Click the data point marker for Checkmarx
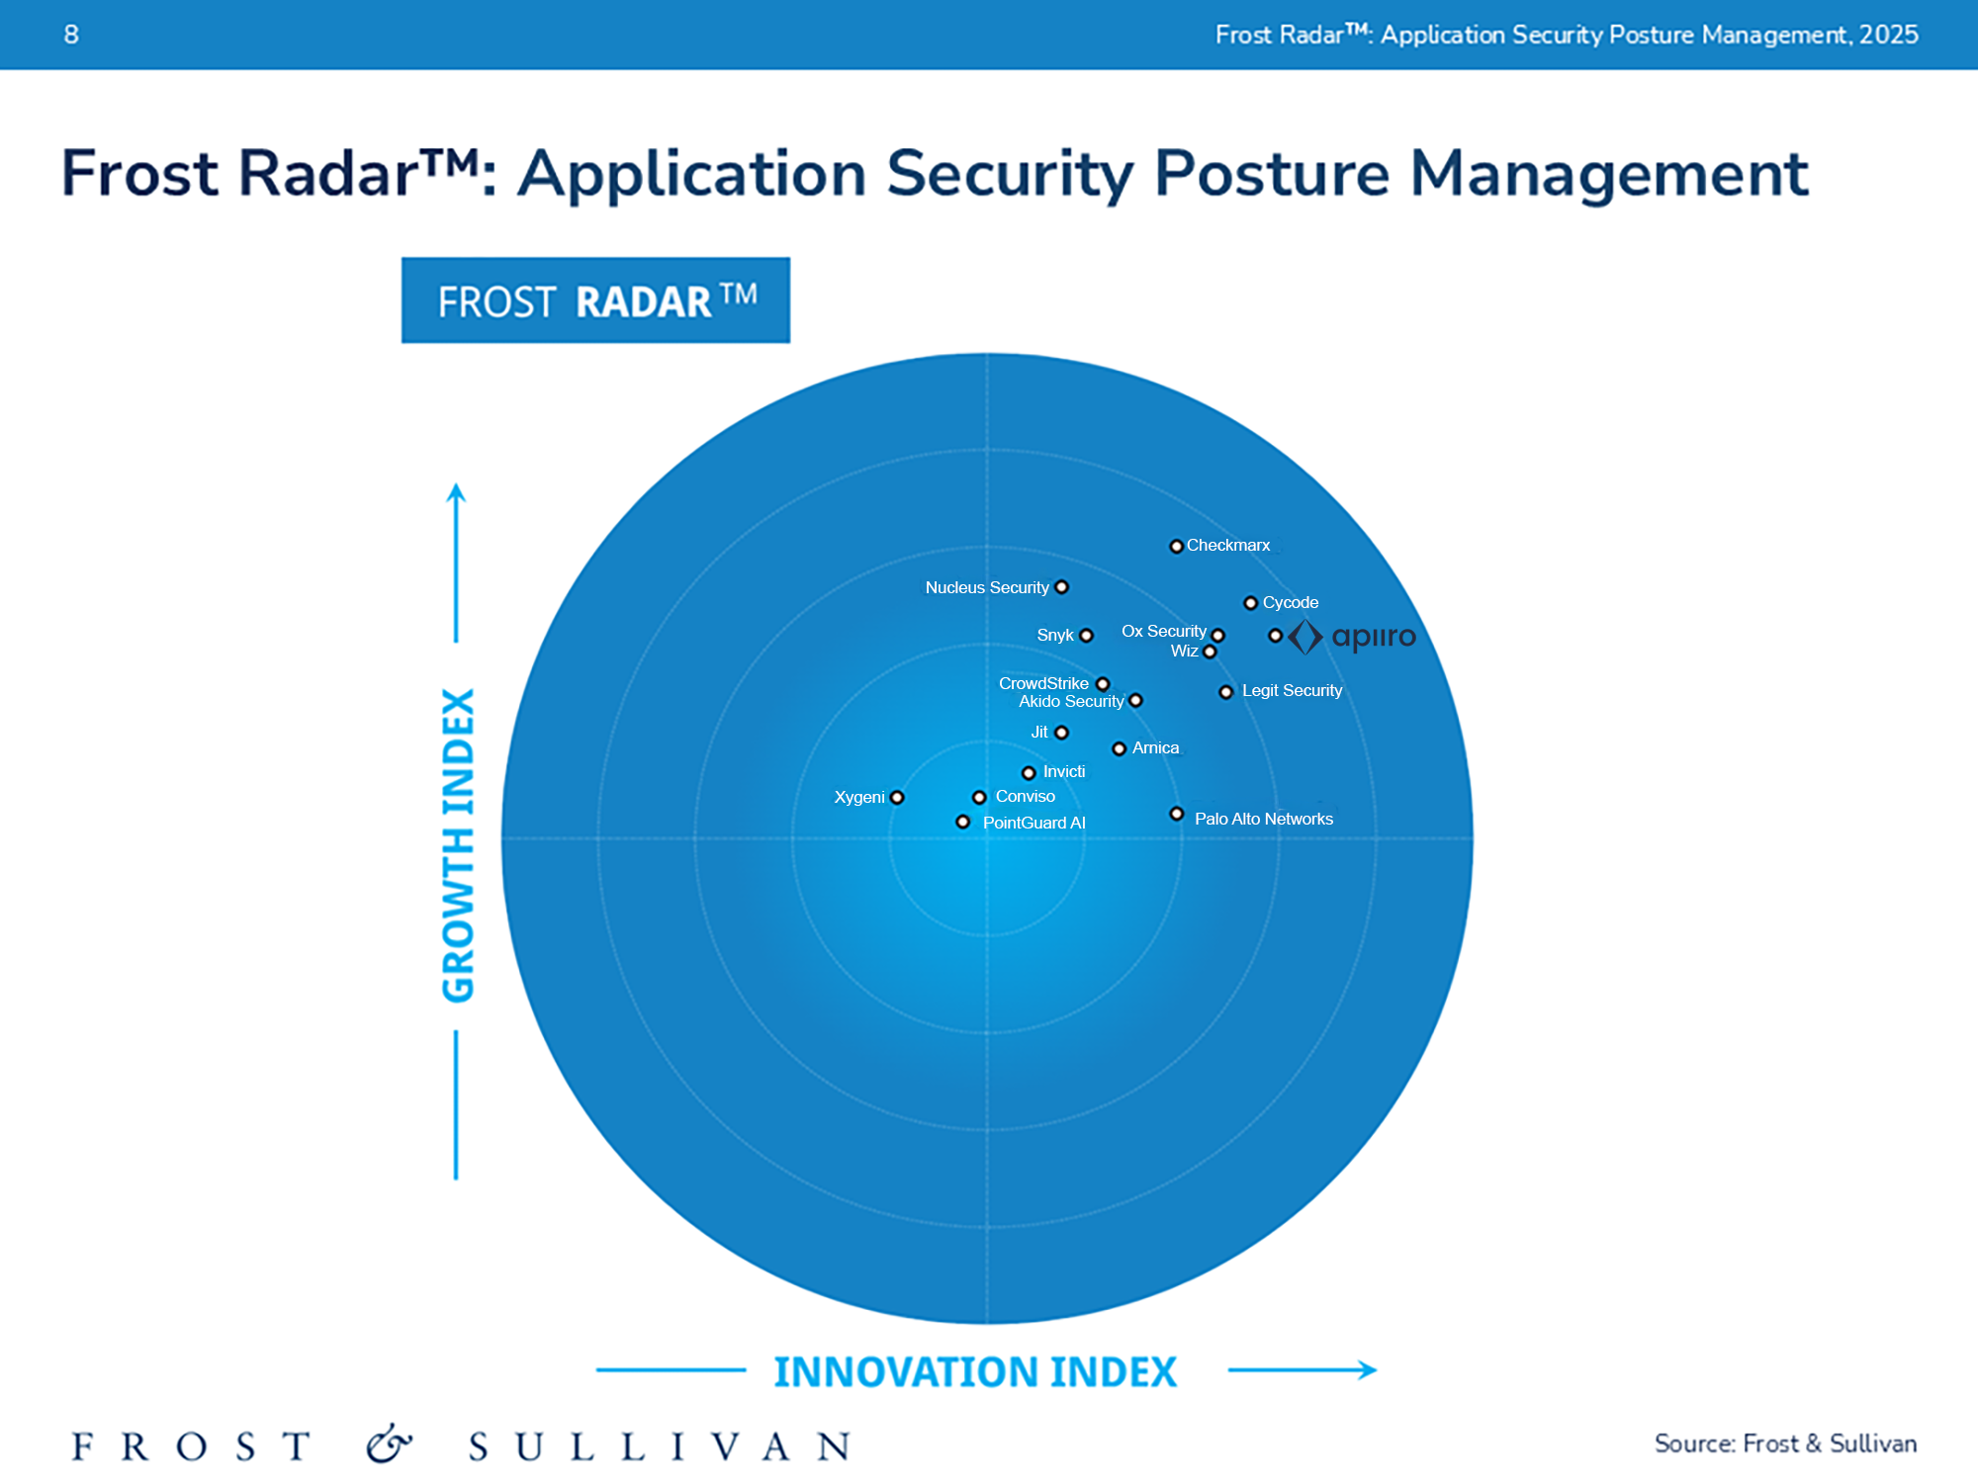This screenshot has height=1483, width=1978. click(1176, 547)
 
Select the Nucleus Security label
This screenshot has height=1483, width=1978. click(986, 588)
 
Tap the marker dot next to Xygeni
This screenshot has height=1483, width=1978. click(897, 798)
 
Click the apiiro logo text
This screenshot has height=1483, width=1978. click(1373, 637)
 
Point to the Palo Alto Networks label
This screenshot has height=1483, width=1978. click(1263, 820)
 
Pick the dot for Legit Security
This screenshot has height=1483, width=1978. click(1226, 692)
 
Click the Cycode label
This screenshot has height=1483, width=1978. click(1290, 603)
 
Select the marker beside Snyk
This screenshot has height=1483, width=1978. click(1086, 636)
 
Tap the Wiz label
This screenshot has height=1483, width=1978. click(1183, 652)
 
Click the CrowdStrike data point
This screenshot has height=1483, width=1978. click(1103, 684)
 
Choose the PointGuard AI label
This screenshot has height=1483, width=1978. click(1034, 824)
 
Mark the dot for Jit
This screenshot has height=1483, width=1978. click(1061, 733)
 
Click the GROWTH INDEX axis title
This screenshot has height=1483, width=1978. click(458, 845)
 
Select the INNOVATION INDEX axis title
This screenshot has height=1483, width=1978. click(975, 1372)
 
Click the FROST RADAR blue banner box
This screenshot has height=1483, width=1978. click(595, 301)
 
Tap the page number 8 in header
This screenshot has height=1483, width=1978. click(71, 35)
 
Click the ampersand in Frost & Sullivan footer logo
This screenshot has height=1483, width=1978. click(388, 1445)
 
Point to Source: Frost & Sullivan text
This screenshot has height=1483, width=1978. click(1785, 1443)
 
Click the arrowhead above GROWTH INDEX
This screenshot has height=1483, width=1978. click(456, 492)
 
